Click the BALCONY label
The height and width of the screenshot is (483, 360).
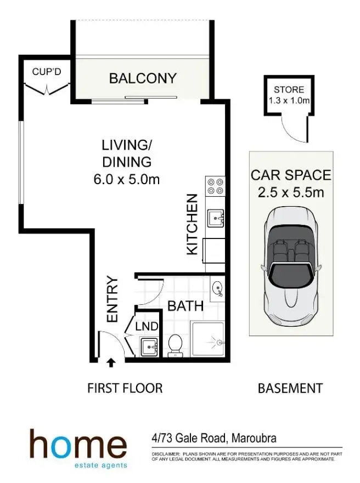tap(143, 78)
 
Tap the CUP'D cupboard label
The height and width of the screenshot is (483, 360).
tap(46, 71)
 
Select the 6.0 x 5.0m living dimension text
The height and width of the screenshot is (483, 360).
tap(127, 179)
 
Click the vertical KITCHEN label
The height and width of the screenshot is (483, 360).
tap(192, 224)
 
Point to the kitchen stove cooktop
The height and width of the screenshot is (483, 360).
tap(215, 186)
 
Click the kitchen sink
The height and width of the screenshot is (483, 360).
tap(215, 218)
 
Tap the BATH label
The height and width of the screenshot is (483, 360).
tap(185, 305)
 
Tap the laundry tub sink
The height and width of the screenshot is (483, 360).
tap(149, 347)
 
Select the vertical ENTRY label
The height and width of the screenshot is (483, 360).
tap(113, 299)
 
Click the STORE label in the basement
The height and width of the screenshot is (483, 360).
tap(289, 90)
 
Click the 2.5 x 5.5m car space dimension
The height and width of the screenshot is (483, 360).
tap(291, 192)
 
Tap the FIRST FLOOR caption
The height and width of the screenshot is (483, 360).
tap(125, 388)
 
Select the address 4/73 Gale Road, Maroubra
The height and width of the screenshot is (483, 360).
tap(213, 439)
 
